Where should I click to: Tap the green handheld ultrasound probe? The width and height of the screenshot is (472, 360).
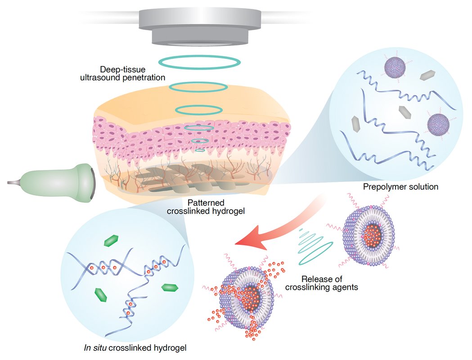point(63,180)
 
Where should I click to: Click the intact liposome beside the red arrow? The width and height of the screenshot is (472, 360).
point(369,234)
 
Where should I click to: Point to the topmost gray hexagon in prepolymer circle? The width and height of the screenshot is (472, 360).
point(426,77)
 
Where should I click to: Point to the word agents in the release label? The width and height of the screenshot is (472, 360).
point(346,286)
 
